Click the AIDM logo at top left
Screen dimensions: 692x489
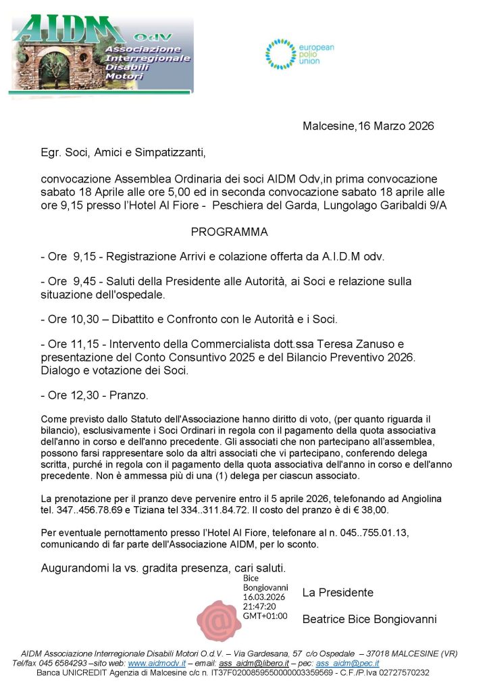point(101,54)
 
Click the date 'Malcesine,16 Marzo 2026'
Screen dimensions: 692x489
point(367,126)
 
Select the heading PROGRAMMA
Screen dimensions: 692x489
point(229,232)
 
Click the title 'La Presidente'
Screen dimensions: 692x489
point(338,593)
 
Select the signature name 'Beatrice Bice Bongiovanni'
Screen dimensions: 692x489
point(369,619)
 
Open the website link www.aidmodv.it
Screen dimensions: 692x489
point(157,664)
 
